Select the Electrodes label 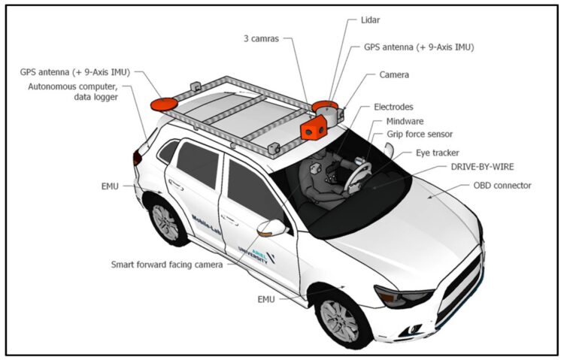pyautogui.click(x=393, y=107)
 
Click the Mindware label pyautogui.click(x=405, y=120)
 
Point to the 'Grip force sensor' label pyautogui.click(x=420, y=134)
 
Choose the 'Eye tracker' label pyautogui.click(x=436, y=153)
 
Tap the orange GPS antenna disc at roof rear pyautogui.click(x=163, y=103)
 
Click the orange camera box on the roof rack pyautogui.click(x=311, y=131)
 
